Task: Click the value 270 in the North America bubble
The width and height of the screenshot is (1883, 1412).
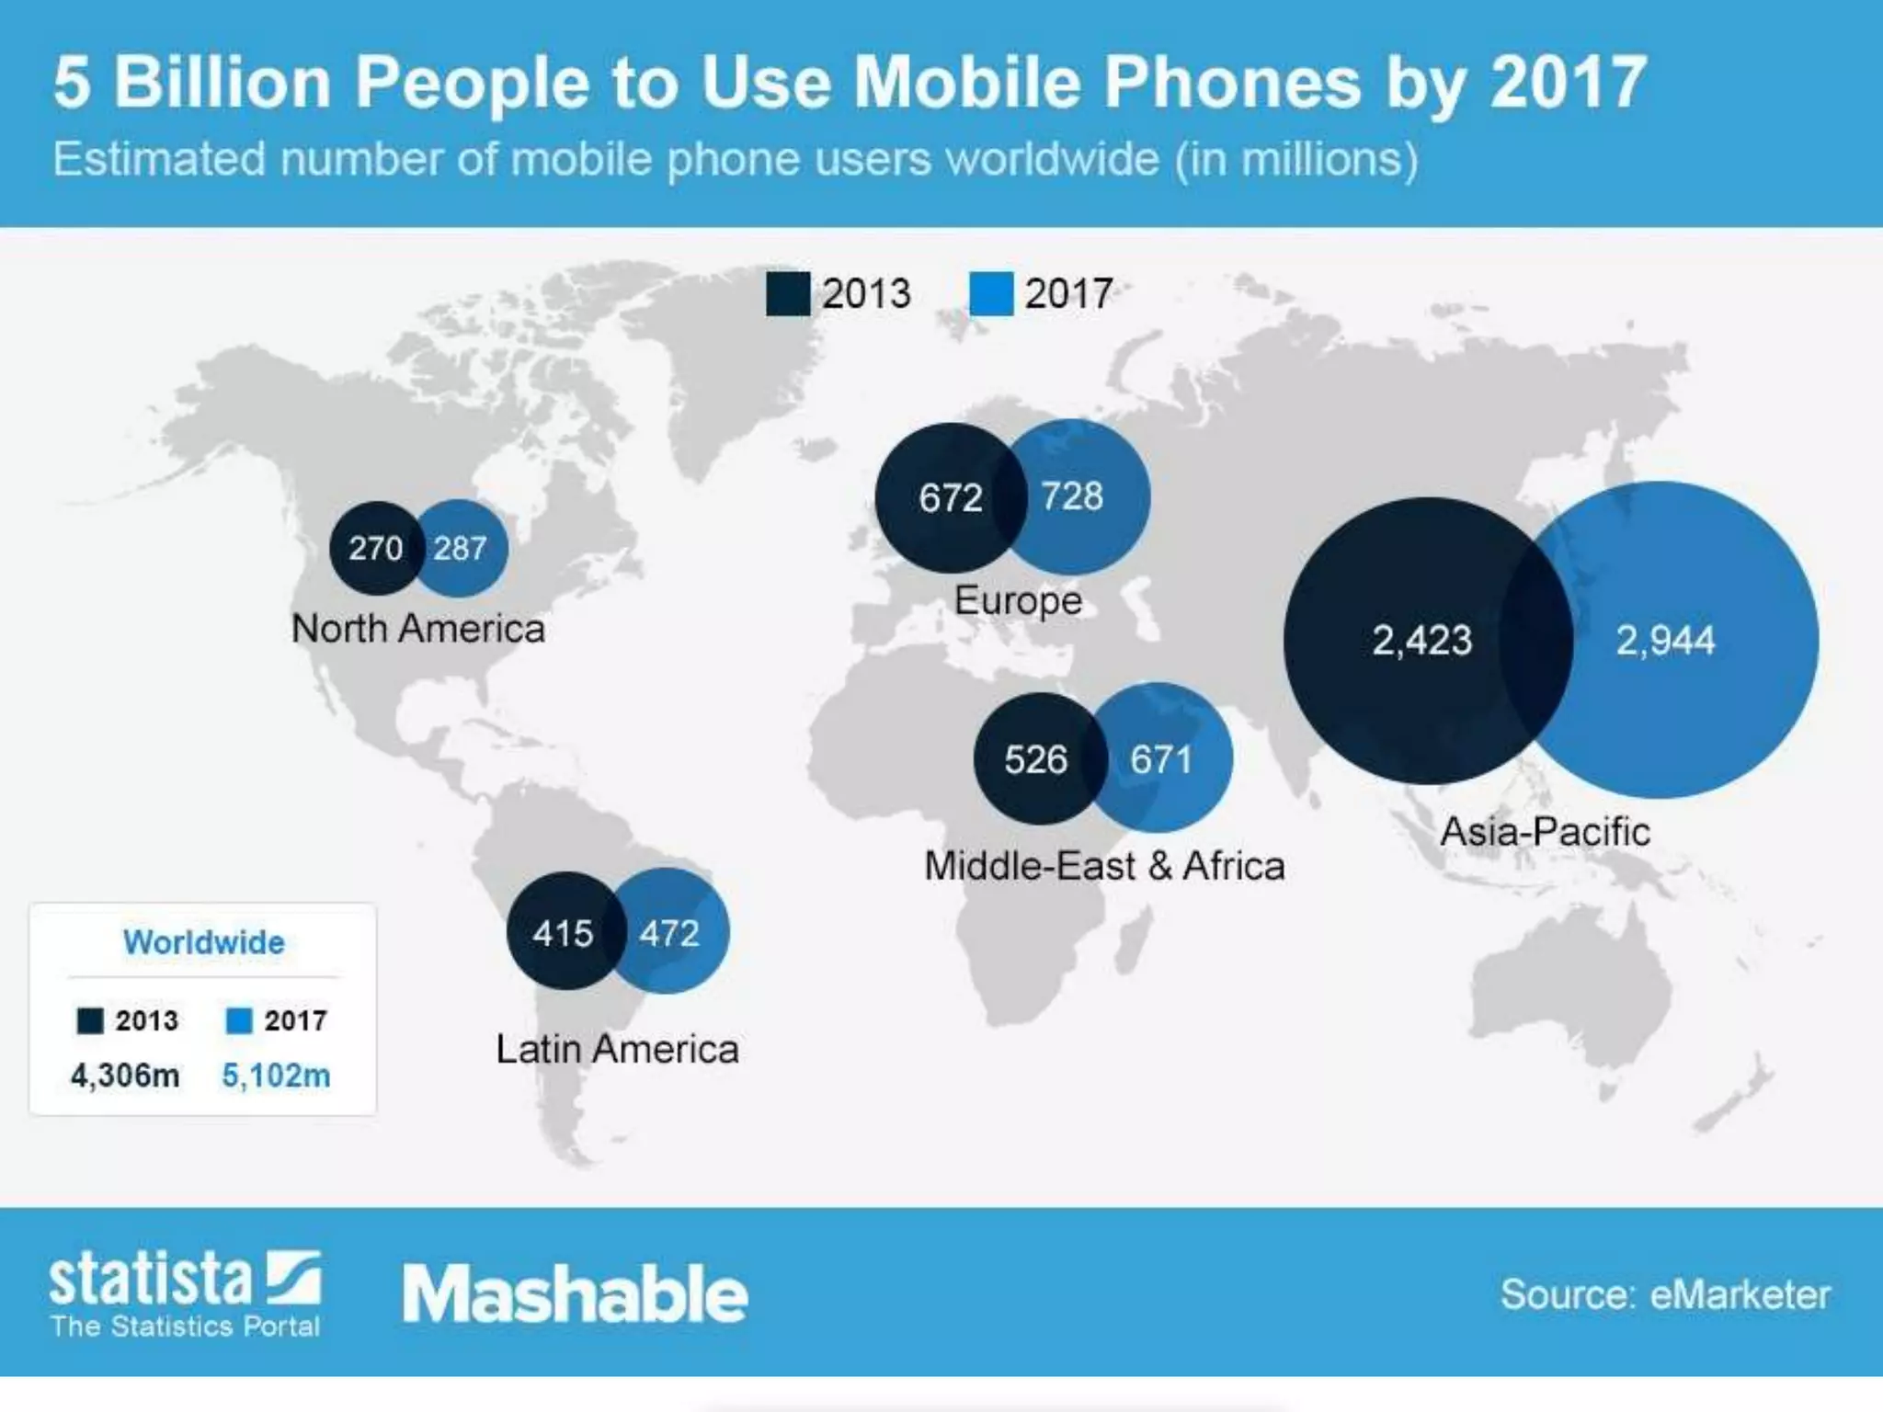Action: click(375, 549)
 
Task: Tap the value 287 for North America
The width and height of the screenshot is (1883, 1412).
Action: click(460, 549)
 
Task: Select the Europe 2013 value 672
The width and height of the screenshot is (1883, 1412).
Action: click(951, 498)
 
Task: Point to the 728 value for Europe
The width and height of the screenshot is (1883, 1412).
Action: click(1072, 496)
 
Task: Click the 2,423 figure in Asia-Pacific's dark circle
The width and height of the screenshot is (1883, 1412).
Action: click(1422, 641)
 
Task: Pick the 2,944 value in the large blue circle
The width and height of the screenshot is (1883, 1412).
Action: click(1665, 641)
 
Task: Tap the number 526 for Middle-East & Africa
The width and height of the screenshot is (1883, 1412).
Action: click(1036, 760)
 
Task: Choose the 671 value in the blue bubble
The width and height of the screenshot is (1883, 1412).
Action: click(1161, 760)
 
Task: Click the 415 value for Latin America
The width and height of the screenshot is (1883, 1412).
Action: click(563, 934)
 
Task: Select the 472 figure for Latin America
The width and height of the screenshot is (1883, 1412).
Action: click(669, 934)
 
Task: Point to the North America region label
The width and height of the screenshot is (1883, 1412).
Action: click(418, 630)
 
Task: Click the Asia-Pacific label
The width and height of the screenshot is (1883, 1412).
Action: click(1545, 832)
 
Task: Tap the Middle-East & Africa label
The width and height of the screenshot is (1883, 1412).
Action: click(1104, 866)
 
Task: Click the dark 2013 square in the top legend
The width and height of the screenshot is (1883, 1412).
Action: click(788, 294)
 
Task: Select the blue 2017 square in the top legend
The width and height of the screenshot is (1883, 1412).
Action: click(991, 294)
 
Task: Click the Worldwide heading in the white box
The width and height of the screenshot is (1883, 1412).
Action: click(204, 942)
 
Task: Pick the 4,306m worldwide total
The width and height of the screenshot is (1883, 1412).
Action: click(125, 1075)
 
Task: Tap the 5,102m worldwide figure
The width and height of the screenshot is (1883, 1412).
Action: click(276, 1075)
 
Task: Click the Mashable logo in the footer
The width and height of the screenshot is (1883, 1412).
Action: click(576, 1293)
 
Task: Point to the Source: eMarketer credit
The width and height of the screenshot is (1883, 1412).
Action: click(1665, 1294)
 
